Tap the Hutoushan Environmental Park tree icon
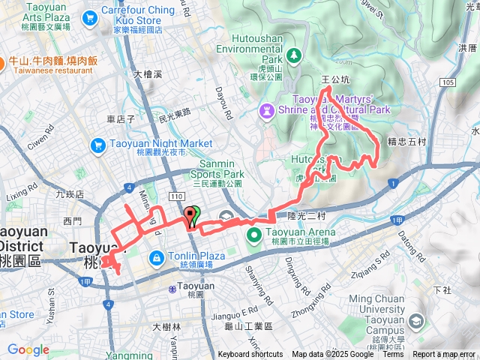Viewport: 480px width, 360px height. click(294, 55)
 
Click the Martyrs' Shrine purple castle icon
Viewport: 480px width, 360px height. click(266, 111)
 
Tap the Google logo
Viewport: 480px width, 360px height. click(28, 349)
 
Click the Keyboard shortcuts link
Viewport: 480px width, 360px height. click(250, 355)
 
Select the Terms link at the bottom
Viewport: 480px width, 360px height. click(393, 355)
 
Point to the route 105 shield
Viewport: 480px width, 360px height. click(448, 82)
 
